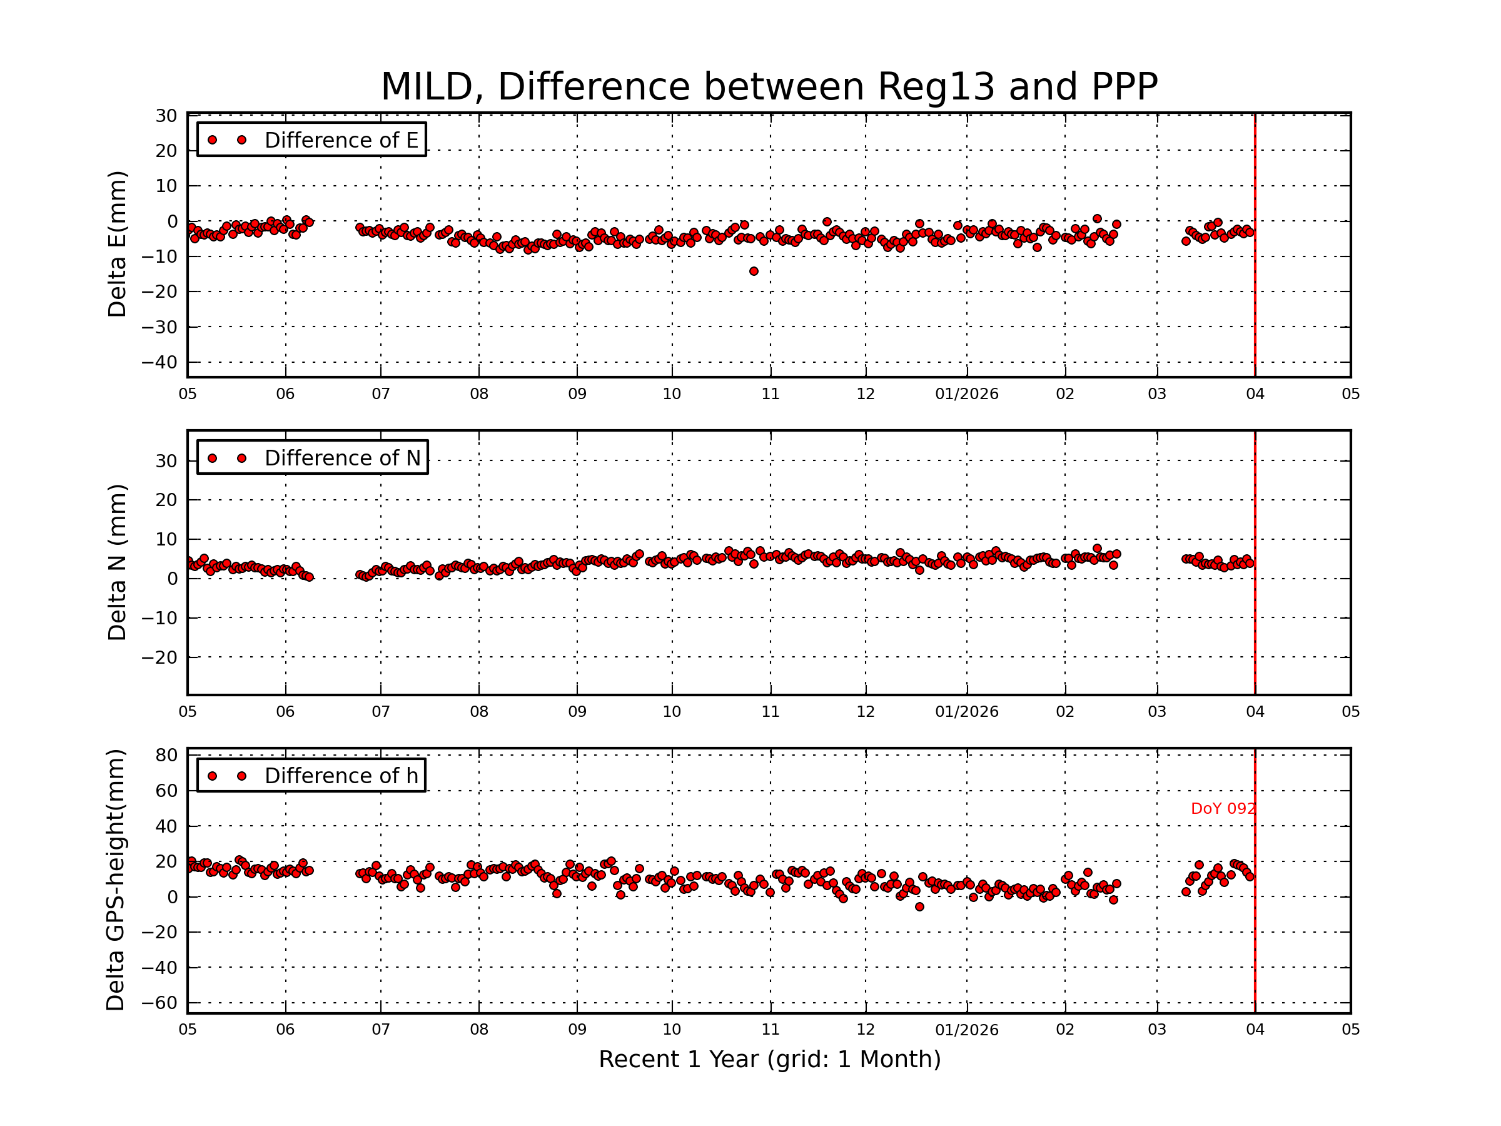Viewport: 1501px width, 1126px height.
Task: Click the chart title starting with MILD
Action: [769, 87]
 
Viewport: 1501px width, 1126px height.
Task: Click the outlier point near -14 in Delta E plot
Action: [753, 271]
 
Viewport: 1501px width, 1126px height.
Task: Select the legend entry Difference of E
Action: [341, 140]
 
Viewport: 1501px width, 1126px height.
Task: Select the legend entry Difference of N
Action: [342, 458]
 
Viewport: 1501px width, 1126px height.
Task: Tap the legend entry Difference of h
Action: [341, 776]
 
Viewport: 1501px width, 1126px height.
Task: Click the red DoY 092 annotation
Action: [1222, 809]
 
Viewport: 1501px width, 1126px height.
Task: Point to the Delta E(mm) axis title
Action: [117, 245]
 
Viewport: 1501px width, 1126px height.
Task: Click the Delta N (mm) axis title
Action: [117, 562]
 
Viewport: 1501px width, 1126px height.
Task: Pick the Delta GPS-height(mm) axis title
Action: [115, 880]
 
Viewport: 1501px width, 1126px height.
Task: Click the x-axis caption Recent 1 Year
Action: [769, 1060]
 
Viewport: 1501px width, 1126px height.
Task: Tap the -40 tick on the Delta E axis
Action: [159, 362]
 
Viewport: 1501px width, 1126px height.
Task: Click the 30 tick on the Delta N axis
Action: [166, 462]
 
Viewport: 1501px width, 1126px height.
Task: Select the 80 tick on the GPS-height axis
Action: [166, 756]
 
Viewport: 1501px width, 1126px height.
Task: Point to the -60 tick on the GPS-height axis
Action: [159, 1003]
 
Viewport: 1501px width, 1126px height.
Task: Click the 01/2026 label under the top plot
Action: [966, 394]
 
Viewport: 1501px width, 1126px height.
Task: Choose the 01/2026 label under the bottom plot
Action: [966, 1030]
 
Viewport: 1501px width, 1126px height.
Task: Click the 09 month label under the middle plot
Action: [577, 712]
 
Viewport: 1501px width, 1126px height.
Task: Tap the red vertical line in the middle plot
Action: [1255, 611]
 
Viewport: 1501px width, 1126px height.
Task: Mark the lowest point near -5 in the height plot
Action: [919, 907]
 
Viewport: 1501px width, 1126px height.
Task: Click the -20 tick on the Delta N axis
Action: [159, 657]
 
